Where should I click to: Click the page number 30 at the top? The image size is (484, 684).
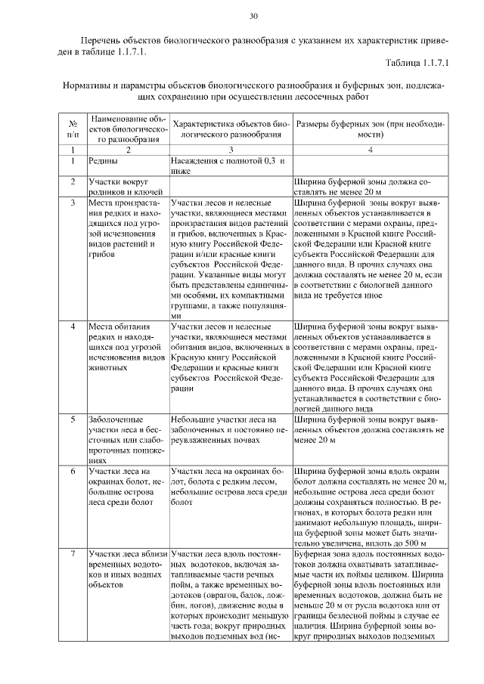tap(253, 15)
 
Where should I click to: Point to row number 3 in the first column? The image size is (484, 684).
tap(73, 203)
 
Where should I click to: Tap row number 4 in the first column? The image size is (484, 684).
tap(73, 327)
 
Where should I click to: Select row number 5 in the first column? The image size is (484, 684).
tap(73, 418)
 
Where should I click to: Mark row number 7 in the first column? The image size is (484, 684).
tap(73, 554)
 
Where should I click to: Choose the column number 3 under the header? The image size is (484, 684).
tap(231, 150)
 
